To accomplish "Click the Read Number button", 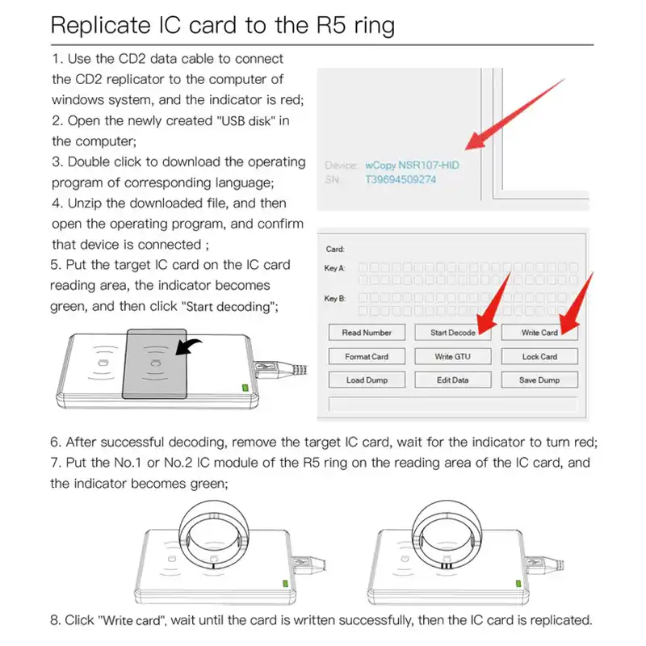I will point(367,333).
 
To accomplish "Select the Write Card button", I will point(539,333).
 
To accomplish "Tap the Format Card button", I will point(367,356).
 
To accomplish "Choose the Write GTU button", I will point(453,356).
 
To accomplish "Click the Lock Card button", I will point(539,356).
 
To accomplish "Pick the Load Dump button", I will point(367,380).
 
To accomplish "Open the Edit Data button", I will point(453,380).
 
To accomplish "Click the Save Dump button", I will point(539,380).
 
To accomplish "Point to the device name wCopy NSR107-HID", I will point(412,164).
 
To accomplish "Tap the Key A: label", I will point(334,268).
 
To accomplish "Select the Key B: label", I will point(334,299).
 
